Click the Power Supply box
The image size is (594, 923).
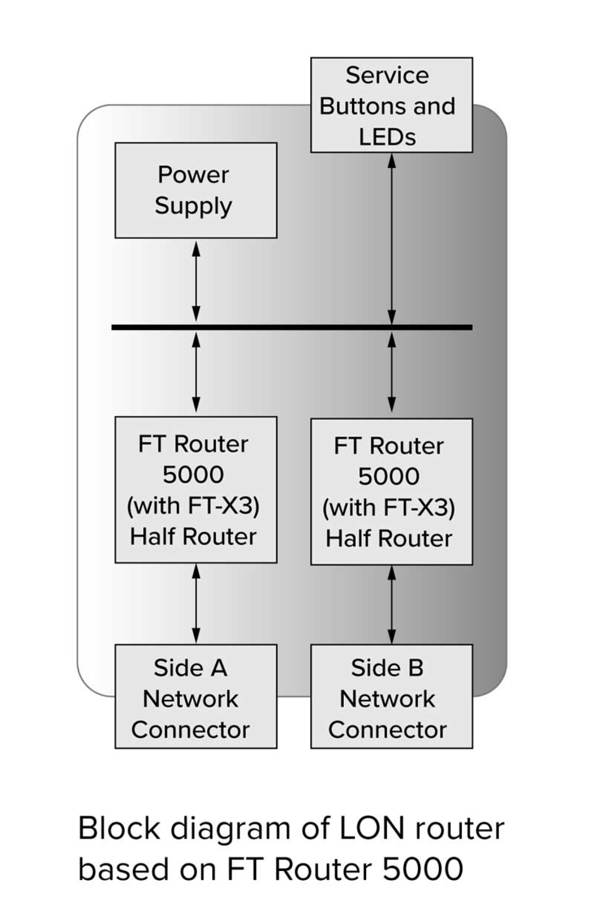tap(196, 190)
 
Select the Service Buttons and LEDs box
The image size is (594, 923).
tap(391, 105)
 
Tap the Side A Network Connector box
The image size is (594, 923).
tap(196, 696)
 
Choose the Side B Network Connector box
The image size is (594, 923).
tap(391, 696)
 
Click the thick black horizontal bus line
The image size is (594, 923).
tap(292, 327)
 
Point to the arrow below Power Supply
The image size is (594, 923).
tap(196, 281)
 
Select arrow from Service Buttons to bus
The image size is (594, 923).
tap(392, 239)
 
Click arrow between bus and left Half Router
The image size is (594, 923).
tap(196, 372)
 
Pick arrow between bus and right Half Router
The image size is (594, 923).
tap(392, 372)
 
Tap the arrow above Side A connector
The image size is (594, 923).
tap(196, 603)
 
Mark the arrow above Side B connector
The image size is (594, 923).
tap(392, 604)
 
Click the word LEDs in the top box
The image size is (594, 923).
tap(387, 137)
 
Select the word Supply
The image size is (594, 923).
tap(193, 206)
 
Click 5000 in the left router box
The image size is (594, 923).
tap(193, 475)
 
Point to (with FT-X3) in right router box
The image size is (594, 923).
tap(389, 507)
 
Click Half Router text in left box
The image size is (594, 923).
tap(193, 537)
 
